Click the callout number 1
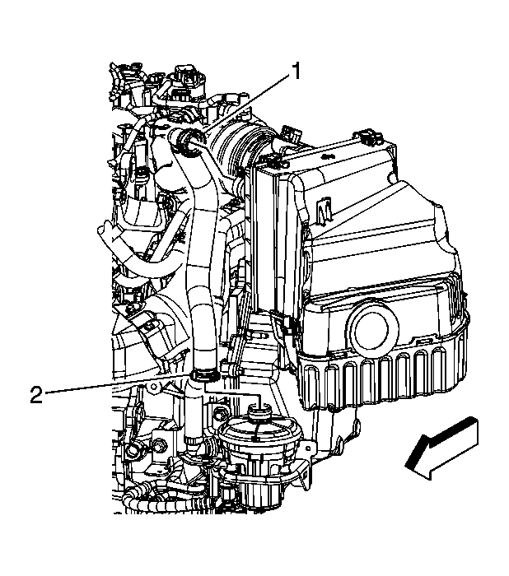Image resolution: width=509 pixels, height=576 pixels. coord(296,72)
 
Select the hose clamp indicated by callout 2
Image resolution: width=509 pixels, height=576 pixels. coord(203,375)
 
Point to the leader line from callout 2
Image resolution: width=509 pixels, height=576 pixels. coord(115,385)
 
